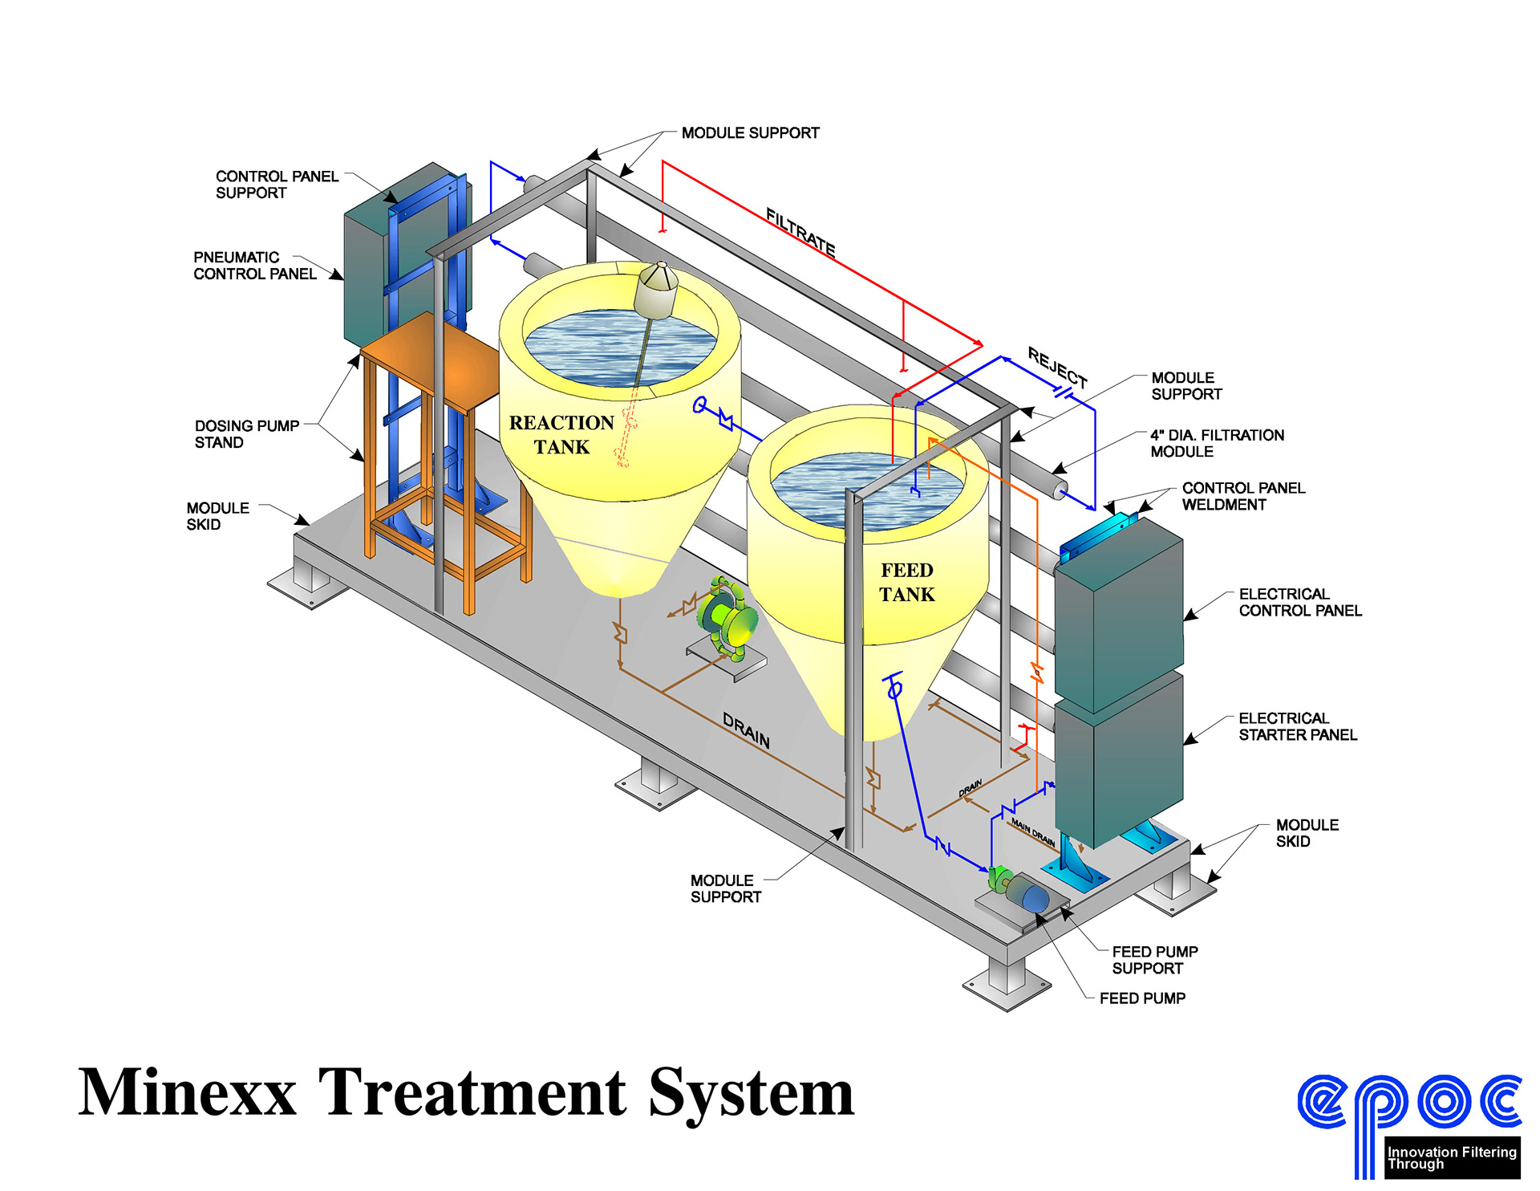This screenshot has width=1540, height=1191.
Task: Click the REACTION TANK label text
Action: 561,434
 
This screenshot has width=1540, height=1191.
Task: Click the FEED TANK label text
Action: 907,582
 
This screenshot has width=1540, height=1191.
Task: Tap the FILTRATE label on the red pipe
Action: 800,232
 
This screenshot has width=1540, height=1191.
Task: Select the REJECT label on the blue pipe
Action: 1058,367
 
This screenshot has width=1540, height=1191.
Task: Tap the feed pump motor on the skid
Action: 1026,893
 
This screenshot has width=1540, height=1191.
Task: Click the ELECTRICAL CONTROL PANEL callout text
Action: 1299,602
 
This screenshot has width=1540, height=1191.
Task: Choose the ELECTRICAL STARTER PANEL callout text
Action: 1297,726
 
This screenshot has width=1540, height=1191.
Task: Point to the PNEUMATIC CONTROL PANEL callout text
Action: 254,266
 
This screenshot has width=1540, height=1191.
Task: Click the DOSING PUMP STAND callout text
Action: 246,434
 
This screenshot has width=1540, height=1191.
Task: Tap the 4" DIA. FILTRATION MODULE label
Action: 1217,443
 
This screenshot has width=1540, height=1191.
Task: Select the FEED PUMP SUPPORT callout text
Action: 1154,960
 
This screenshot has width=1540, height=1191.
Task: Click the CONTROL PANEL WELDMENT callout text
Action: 1243,496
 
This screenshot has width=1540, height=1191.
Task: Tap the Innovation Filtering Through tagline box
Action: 1451,1157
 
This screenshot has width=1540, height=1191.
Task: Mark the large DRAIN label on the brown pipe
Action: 746,731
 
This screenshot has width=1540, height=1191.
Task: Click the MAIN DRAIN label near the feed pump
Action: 1032,831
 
